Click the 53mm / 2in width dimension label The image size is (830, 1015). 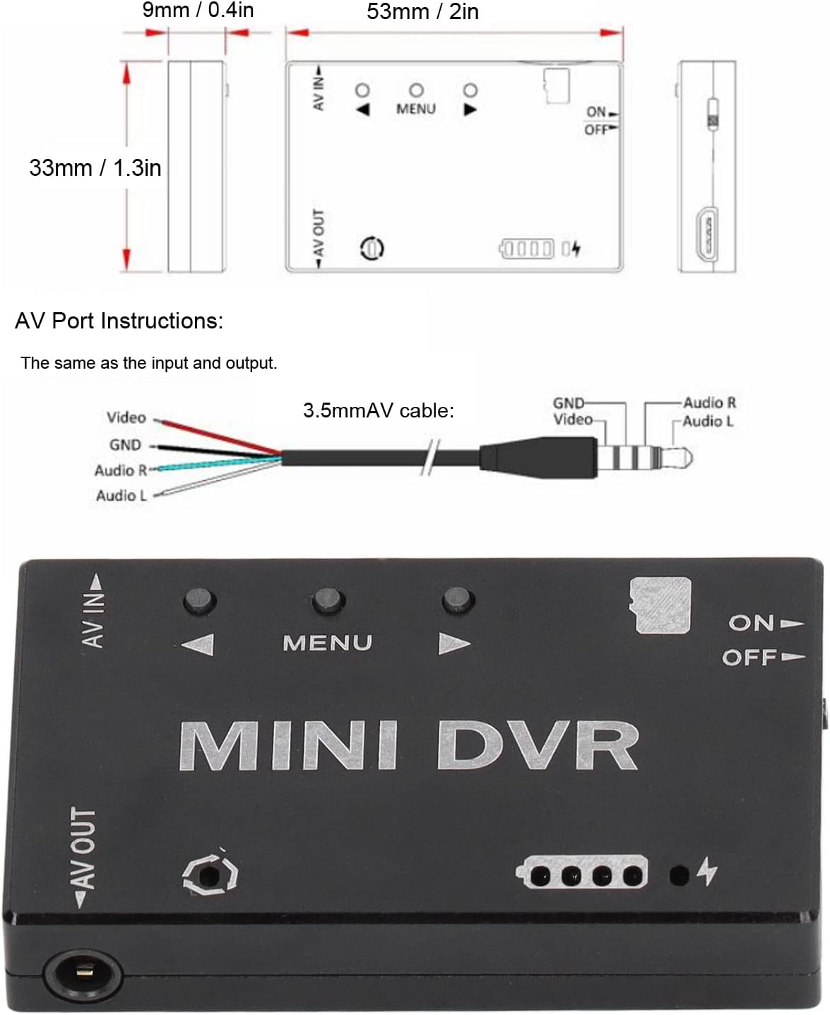[422, 11]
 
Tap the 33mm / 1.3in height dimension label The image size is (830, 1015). [95, 168]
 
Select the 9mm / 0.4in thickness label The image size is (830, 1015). [198, 10]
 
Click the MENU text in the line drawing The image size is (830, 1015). [416, 109]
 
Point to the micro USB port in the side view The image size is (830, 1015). [706, 235]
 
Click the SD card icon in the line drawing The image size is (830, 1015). [557, 85]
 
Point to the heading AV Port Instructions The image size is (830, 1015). [119, 321]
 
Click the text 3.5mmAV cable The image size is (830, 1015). [379, 410]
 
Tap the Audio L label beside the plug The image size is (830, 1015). [708, 421]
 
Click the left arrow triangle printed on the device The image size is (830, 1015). [198, 644]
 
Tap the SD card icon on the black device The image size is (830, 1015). [660, 605]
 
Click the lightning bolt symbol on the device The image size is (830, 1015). [708, 871]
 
